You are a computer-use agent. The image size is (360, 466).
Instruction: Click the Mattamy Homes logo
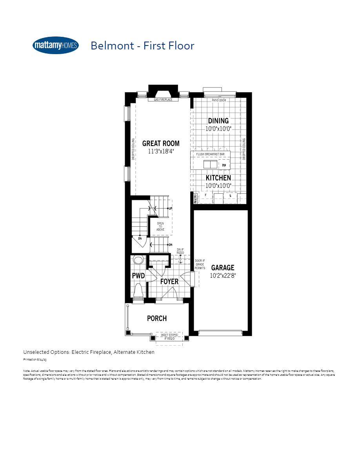click(x=55, y=46)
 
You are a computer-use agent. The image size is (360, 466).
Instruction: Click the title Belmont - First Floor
click(x=142, y=46)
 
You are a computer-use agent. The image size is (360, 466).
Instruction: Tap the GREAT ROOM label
click(x=161, y=144)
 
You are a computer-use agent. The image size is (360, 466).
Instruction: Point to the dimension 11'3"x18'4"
click(x=161, y=151)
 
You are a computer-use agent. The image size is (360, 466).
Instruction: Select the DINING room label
click(x=218, y=121)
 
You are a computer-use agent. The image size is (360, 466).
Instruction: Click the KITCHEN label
click(x=218, y=178)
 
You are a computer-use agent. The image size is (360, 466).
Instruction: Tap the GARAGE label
click(x=223, y=268)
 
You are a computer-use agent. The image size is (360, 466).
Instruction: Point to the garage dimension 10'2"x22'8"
click(x=223, y=275)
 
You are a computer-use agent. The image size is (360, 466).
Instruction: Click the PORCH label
click(x=157, y=318)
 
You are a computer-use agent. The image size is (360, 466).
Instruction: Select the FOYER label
click(x=169, y=281)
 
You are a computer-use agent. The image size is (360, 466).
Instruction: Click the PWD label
click(x=138, y=276)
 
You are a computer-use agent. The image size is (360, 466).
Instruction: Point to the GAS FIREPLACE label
click(x=163, y=100)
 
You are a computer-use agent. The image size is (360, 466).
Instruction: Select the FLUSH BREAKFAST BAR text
click(x=210, y=155)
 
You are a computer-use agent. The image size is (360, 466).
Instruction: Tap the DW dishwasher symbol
click(x=224, y=166)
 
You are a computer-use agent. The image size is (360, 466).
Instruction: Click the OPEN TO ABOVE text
click(x=160, y=226)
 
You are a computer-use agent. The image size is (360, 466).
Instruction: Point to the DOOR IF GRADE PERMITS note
click(x=200, y=264)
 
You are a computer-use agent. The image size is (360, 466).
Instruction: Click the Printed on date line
click(x=35, y=359)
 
